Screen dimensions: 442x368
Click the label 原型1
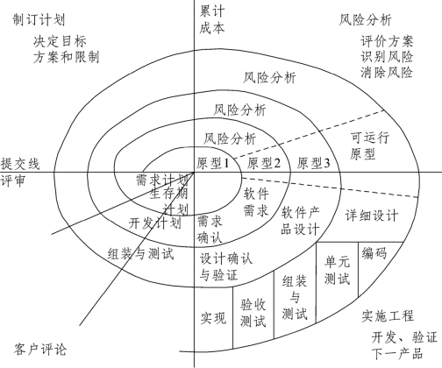[x=212, y=163]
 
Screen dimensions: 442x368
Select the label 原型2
[x=264, y=163]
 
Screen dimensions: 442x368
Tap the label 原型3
[x=313, y=163]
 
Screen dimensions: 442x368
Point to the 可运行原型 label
[x=369, y=145]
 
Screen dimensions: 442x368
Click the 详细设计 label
[x=372, y=216]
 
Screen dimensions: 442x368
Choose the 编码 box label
[x=374, y=253]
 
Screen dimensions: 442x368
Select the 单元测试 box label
[x=337, y=270]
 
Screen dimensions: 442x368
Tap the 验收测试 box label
[x=253, y=313]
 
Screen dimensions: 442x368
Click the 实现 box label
[x=213, y=318]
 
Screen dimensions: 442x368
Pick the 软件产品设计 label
[x=300, y=221]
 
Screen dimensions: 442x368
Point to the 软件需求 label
[x=256, y=202]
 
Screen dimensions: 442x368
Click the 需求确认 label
[x=210, y=230]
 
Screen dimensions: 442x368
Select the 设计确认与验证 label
[x=226, y=267]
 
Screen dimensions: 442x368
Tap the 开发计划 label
[x=155, y=223]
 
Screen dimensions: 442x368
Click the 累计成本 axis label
[x=212, y=20]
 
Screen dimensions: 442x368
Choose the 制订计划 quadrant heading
[x=39, y=20]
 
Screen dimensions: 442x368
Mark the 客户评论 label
[x=40, y=350]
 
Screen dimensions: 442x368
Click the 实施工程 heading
[x=388, y=316]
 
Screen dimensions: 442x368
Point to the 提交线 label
[x=20, y=164]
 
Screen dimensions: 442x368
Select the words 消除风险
[x=387, y=72]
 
